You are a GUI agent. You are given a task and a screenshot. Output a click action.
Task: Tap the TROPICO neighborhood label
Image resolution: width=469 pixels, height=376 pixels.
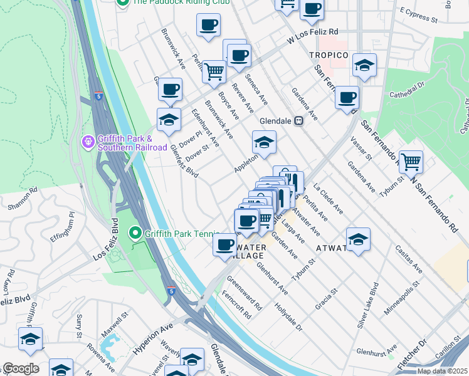click(x=329, y=56)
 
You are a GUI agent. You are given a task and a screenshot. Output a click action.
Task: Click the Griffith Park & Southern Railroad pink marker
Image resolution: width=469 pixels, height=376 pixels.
click(x=88, y=142)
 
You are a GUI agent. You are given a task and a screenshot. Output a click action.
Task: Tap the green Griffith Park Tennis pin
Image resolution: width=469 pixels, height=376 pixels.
click(x=135, y=234)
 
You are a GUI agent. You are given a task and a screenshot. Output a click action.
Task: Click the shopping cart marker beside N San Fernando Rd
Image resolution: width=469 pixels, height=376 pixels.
click(x=411, y=162)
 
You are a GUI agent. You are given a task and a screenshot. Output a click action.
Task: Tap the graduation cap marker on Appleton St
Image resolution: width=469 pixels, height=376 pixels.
click(x=264, y=142)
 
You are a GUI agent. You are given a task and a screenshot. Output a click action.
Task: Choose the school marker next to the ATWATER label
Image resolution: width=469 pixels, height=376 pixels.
click(x=358, y=240)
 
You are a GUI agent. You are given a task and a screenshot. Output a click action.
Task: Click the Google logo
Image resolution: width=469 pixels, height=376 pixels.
click(x=21, y=368)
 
